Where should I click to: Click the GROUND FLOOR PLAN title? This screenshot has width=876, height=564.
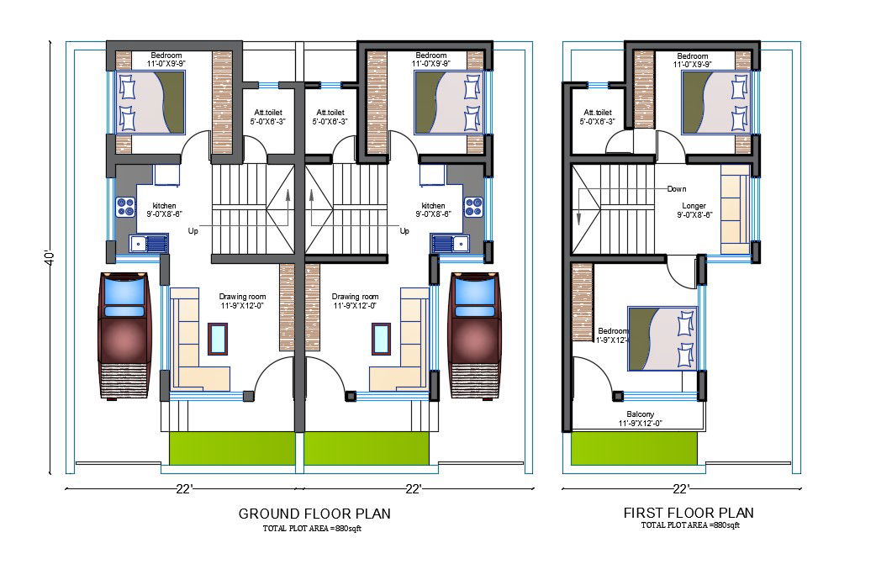314,513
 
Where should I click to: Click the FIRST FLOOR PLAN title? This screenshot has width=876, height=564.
688,513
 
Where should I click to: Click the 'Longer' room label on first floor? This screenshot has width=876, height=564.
694,205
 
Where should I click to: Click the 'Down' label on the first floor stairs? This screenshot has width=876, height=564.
677,189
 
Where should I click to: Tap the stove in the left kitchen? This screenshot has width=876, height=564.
126,207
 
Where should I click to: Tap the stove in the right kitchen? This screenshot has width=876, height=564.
472,207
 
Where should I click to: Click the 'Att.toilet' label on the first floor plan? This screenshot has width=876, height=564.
597,113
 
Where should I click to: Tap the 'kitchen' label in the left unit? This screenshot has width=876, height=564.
165,206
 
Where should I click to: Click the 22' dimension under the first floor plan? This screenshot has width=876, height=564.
681,488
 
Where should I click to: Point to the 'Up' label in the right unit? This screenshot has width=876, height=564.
404,230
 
